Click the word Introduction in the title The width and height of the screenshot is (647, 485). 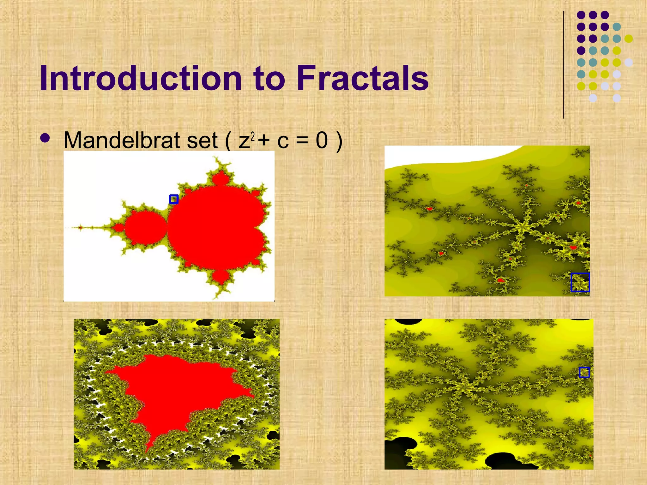tap(141, 78)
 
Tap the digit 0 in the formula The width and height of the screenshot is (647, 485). tap(322, 140)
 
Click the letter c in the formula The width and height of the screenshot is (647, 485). tap(283, 142)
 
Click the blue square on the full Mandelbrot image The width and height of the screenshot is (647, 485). tap(174, 199)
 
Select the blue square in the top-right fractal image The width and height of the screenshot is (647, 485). tap(580, 282)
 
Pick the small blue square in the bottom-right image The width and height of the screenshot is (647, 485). tap(584, 372)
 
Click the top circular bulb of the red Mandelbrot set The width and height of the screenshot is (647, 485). tap(220, 178)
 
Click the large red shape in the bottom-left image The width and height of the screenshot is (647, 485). tap(177, 392)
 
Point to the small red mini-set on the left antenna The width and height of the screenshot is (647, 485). tap(81, 227)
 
